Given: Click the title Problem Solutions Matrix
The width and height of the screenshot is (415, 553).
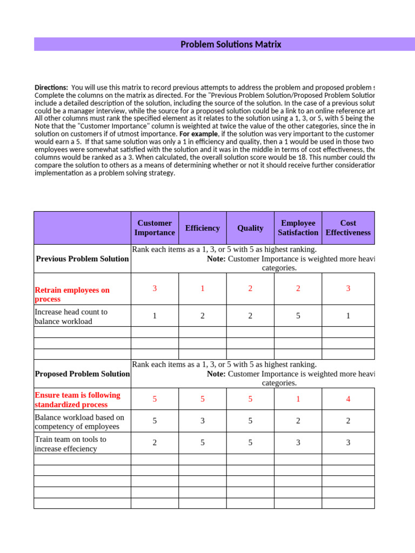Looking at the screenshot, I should coord(231,44).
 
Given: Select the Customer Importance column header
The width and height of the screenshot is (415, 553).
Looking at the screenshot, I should coord(155,228).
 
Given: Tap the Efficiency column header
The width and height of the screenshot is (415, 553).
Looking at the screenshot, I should coord(202,228).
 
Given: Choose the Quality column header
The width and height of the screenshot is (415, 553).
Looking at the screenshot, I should coord(250,228).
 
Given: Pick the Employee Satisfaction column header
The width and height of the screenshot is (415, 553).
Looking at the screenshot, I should coord(298,228).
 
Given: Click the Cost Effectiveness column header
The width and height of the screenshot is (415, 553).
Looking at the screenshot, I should coord(348,228).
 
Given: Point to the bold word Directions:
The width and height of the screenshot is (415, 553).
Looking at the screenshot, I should coord(51,87).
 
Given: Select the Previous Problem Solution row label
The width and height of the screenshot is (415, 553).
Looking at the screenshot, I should coord(82,259).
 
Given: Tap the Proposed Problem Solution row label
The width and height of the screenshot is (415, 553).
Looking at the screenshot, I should coord(82,374).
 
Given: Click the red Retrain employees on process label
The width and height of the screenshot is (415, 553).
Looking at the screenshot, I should coord(72,294).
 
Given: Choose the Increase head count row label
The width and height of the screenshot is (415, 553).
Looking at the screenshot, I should coord(71,316).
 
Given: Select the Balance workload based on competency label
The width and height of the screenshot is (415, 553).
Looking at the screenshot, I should coord(79,422).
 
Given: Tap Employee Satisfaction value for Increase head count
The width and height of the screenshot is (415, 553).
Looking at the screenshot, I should coord(298,316).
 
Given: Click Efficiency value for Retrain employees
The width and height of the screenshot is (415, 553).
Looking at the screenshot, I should coord(202,288).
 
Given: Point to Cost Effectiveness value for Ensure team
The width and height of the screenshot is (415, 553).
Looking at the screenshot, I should coord(348,399).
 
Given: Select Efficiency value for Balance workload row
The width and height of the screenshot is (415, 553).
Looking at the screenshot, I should coord(202,421).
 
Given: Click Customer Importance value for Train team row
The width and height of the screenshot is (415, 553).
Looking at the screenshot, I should coord(155,443).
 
